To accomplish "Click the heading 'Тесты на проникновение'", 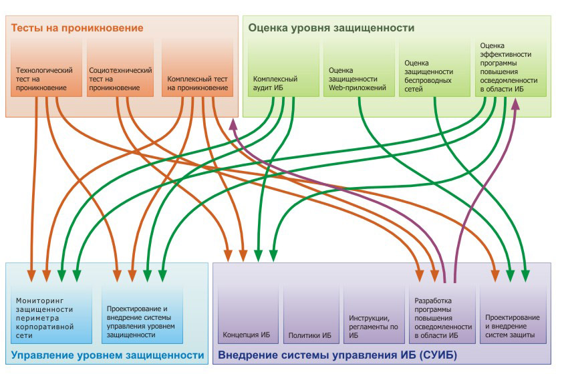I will click(x=78, y=28).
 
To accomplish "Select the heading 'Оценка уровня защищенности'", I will click(x=331, y=28).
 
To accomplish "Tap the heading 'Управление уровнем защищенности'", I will click(x=108, y=355).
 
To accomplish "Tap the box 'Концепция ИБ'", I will click(x=245, y=314).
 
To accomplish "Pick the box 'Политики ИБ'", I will click(x=310, y=314).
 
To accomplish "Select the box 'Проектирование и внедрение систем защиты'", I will click(x=512, y=314).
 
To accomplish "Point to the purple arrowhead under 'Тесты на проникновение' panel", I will click(x=233, y=124).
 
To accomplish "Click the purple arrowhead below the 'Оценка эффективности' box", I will click(x=516, y=105).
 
